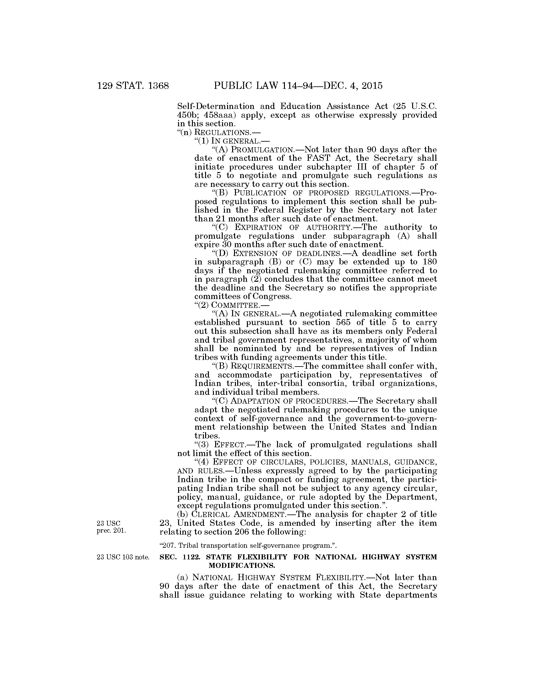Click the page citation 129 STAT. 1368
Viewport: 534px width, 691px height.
[133, 86]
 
